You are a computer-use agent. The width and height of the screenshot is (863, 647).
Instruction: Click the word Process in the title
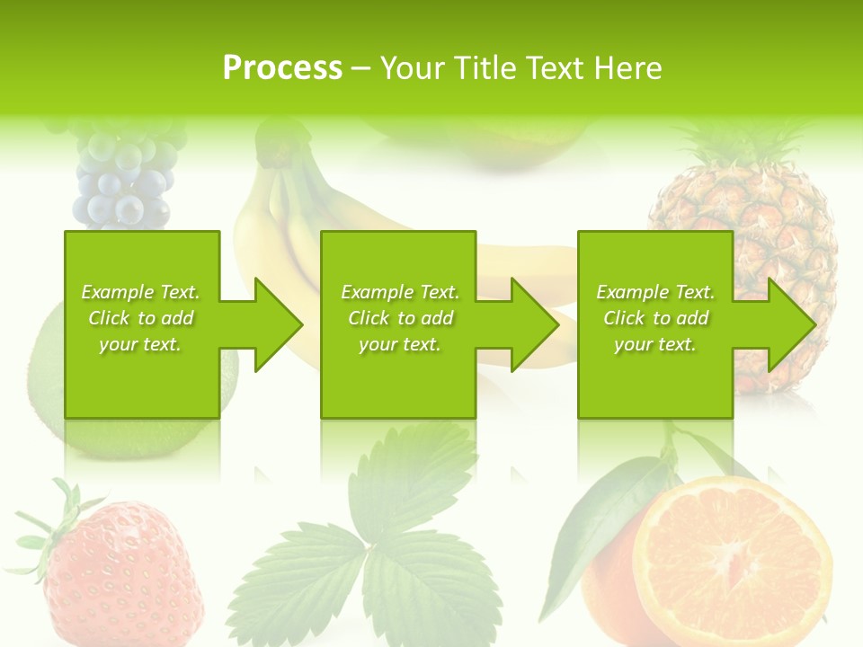(x=282, y=68)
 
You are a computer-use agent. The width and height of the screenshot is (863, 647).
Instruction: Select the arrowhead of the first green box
(x=277, y=324)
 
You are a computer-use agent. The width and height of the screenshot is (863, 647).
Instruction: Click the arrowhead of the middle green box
(x=534, y=324)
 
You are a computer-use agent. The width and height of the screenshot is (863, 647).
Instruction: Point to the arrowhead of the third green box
(x=790, y=324)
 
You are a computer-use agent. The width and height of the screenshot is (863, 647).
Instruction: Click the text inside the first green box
(x=140, y=318)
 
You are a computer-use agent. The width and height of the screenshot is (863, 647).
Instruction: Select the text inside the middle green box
(x=400, y=318)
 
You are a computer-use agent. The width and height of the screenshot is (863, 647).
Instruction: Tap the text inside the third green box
(x=655, y=318)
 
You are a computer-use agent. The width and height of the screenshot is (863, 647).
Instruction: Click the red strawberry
(x=121, y=575)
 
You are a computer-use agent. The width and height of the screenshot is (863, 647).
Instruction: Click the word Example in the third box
(x=631, y=293)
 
